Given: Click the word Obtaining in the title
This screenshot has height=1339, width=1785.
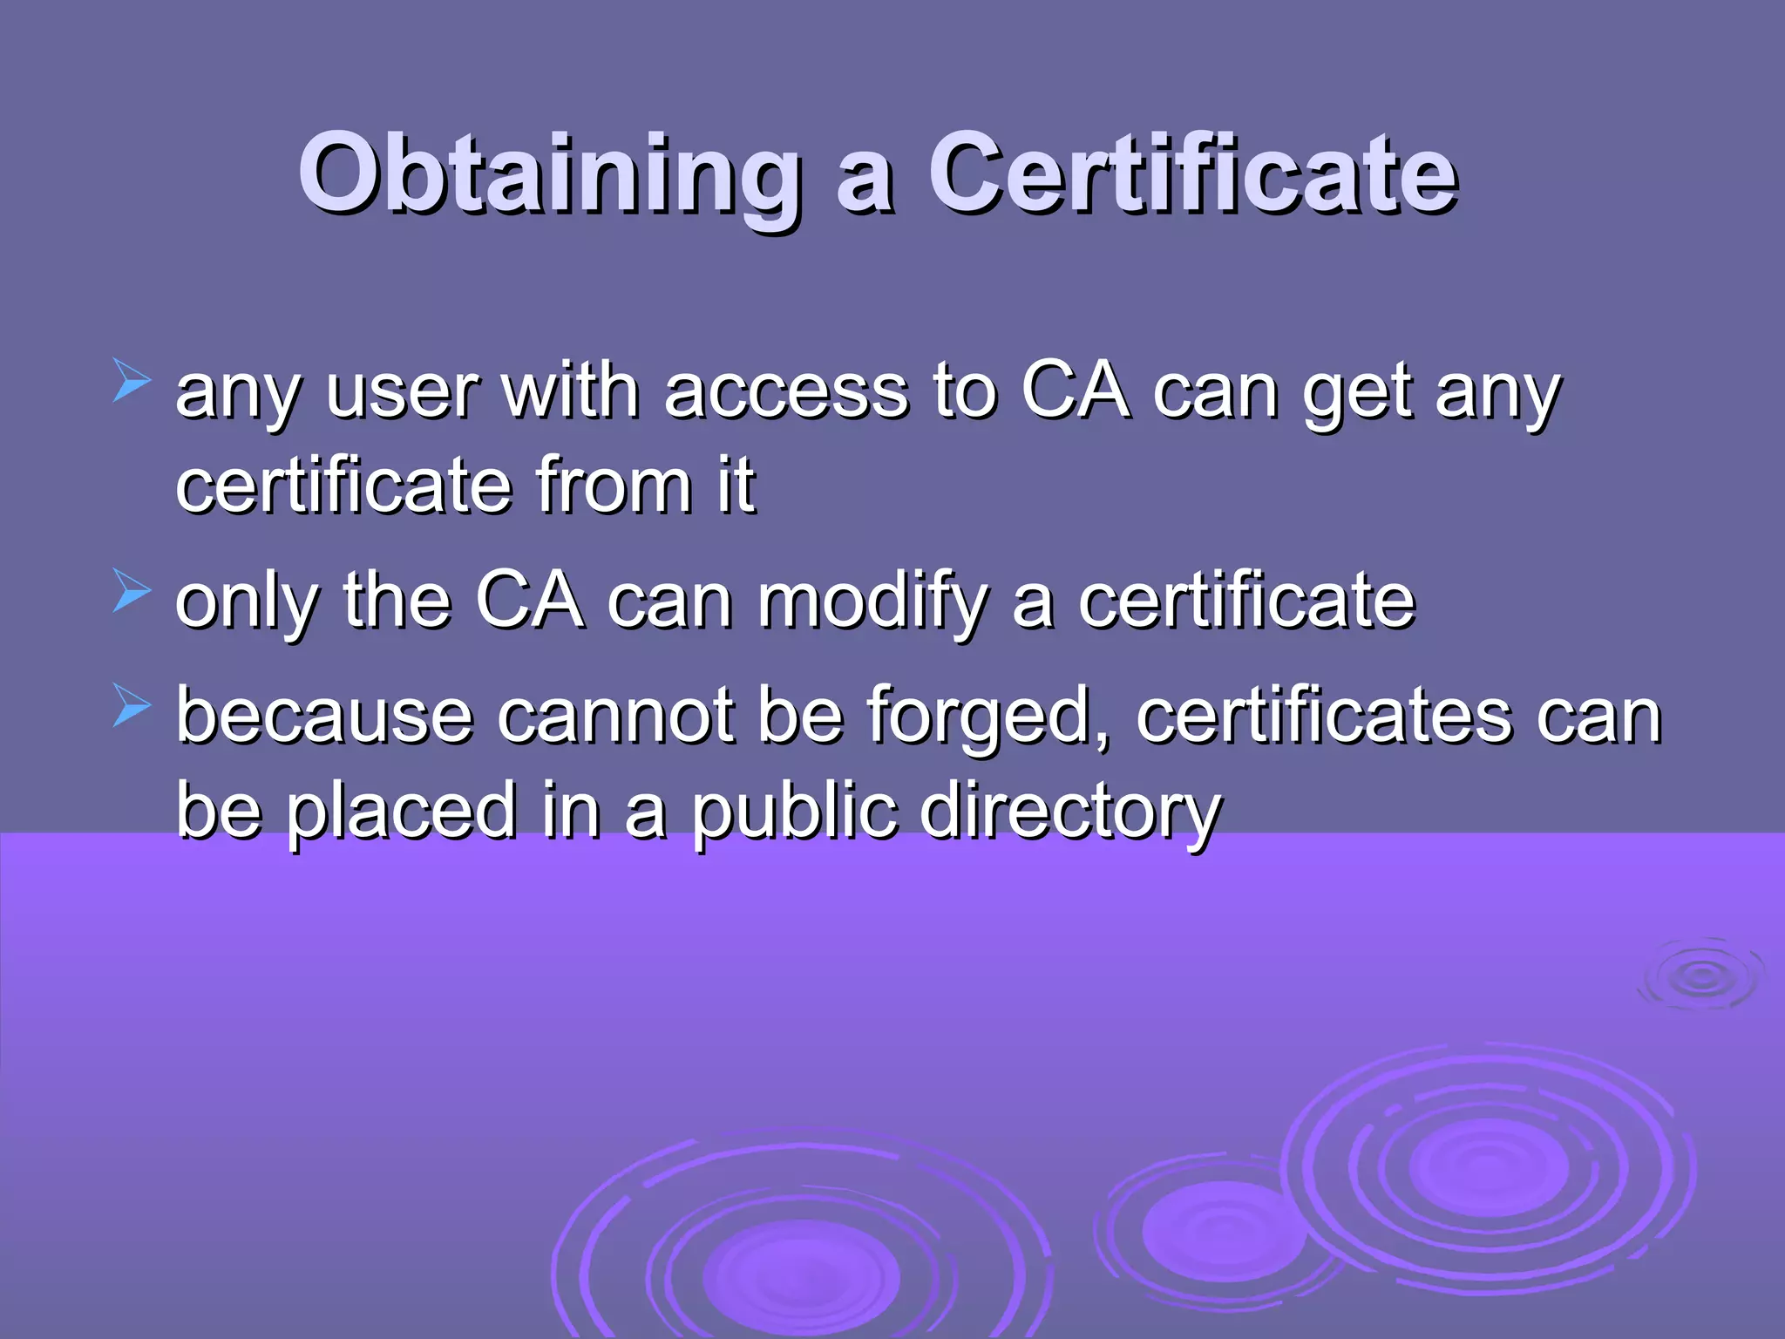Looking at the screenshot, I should click(x=550, y=174).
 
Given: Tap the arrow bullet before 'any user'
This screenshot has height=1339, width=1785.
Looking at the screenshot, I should click(x=132, y=383).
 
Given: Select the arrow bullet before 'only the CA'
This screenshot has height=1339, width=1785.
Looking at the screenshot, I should click(x=132, y=592).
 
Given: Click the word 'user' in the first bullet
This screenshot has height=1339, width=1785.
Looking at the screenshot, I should click(x=401, y=392).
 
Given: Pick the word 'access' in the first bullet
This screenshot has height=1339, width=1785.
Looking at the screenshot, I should click(x=785, y=392).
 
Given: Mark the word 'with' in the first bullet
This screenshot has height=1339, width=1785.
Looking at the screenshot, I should click(x=571, y=392).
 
